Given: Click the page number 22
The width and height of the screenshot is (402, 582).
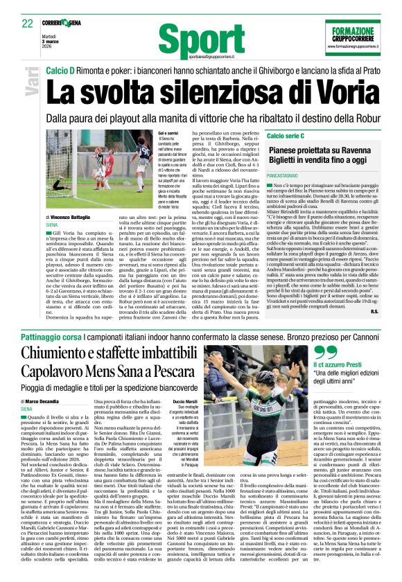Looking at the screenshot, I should pos(27,23).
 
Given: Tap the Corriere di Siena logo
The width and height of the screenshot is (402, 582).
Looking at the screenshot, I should pos(69,22).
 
